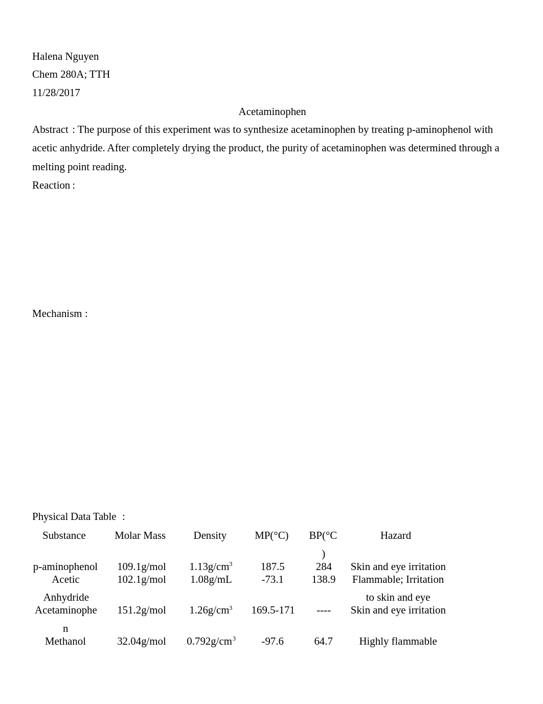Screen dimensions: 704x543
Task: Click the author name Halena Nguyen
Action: [x=65, y=56]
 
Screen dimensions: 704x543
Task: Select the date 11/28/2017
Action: [x=56, y=93]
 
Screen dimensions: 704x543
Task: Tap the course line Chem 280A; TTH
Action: [x=71, y=74]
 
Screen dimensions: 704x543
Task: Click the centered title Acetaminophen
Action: [x=272, y=111]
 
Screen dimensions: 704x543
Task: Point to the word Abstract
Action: [x=50, y=129]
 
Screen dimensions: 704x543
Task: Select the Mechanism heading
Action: [x=57, y=313]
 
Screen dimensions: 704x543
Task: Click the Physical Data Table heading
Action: [x=74, y=516]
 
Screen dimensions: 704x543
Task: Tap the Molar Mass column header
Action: [x=140, y=535]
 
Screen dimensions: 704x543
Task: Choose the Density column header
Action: [x=210, y=535]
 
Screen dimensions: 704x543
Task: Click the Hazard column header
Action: [x=395, y=535]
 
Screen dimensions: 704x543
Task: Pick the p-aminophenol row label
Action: [x=65, y=566]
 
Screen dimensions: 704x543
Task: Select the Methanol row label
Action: [x=65, y=641]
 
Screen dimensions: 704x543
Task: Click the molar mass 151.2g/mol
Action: [x=142, y=610]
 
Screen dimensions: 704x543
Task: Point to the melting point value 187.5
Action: [x=273, y=566]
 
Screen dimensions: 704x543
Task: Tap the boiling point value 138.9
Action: [x=324, y=579]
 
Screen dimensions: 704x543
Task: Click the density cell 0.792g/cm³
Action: [x=211, y=641]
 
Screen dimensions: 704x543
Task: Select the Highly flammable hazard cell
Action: [x=398, y=641]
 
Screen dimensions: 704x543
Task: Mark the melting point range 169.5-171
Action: [x=273, y=610]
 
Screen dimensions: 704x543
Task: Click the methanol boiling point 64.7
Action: [x=324, y=641]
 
